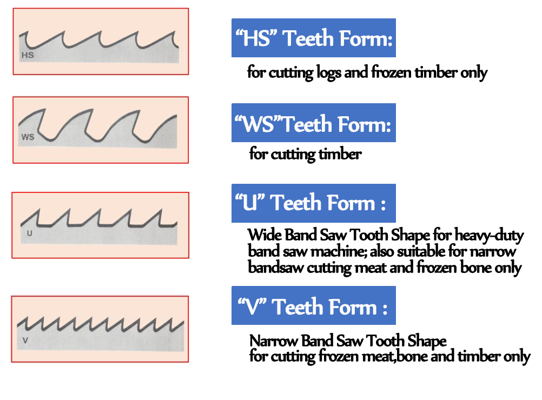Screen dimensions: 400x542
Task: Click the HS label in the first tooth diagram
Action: [27, 55]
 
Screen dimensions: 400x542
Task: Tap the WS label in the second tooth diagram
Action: [28, 137]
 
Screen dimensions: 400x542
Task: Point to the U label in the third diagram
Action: [29, 234]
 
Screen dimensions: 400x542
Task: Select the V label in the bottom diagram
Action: [25, 341]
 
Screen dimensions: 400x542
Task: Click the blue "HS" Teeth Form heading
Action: [313, 38]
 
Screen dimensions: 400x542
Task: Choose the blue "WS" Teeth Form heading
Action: [313, 123]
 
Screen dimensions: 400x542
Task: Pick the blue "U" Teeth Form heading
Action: [313, 203]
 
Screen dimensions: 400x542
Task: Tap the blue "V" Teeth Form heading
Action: [313, 306]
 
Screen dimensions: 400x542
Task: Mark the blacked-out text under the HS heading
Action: [368, 73]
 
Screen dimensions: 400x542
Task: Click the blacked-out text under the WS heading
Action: [306, 156]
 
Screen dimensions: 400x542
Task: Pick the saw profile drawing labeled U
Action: [101, 225]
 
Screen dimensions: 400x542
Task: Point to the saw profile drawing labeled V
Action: [101, 329]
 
